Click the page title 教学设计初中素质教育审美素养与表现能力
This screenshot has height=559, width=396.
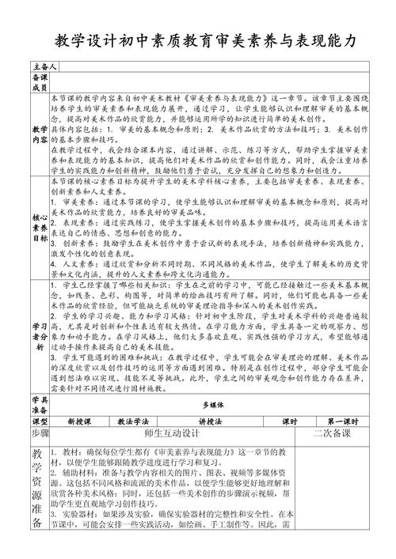(x=198, y=41)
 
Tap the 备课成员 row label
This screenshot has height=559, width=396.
(x=40, y=83)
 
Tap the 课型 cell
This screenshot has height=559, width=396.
(x=40, y=421)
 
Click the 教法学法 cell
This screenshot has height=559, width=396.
(x=132, y=421)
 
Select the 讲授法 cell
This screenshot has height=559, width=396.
(x=191, y=421)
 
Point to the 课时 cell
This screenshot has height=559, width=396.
(x=266, y=421)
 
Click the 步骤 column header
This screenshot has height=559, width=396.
(x=40, y=435)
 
